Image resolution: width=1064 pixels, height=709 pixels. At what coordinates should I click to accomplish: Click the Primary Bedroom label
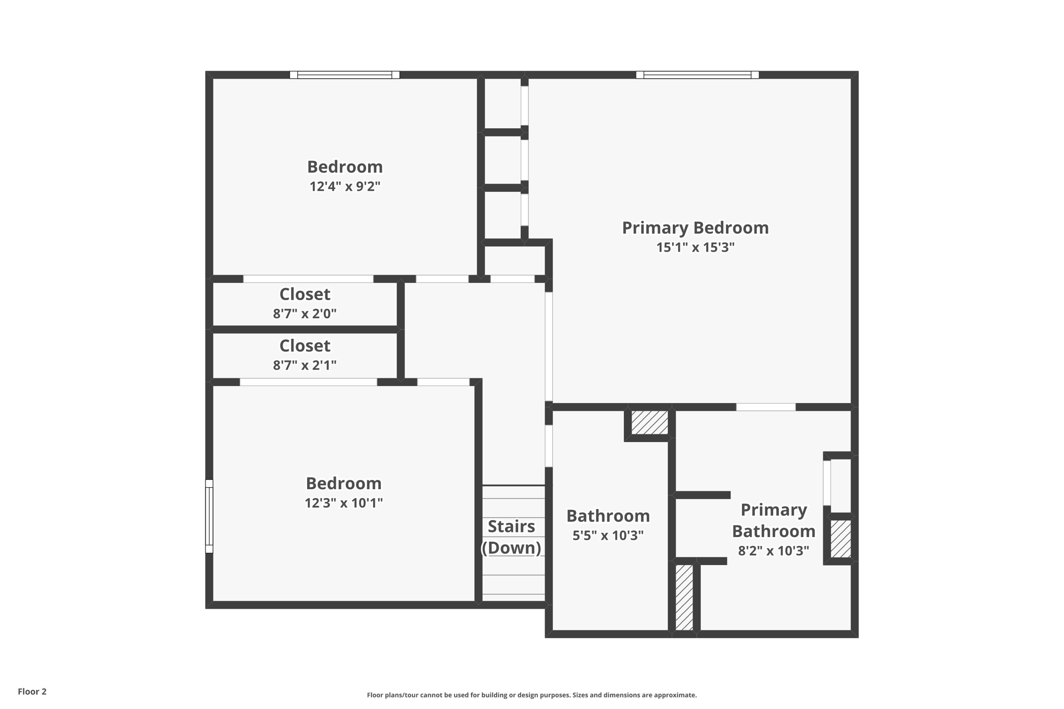[695, 228]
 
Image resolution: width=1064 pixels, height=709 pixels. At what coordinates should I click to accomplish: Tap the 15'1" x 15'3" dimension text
[695, 248]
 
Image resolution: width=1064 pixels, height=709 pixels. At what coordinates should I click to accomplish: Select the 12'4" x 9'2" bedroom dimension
[345, 187]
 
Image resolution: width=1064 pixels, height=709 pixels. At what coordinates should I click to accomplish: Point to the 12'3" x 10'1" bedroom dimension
[343, 503]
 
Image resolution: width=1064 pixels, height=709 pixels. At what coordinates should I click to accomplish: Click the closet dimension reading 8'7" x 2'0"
[304, 314]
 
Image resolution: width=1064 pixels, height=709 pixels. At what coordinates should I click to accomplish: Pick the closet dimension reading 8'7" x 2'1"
[304, 365]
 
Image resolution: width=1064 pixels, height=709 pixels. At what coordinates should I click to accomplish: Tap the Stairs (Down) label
[512, 537]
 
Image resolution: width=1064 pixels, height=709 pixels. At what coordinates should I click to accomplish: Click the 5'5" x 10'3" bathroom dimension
[608, 536]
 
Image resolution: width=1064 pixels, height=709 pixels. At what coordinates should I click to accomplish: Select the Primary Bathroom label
[774, 520]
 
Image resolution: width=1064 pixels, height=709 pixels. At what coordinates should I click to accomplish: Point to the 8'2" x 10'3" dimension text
[774, 551]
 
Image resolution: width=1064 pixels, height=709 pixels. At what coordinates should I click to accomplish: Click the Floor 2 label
[32, 691]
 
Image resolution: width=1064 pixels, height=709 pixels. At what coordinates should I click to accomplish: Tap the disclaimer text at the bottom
[531, 695]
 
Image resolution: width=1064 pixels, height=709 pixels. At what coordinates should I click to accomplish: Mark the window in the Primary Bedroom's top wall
[697, 75]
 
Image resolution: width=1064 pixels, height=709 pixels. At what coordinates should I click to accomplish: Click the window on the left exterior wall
[209, 516]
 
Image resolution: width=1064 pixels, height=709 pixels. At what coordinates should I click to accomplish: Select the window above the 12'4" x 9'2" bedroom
[344, 75]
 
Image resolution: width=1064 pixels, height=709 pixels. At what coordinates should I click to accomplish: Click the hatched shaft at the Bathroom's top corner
[649, 422]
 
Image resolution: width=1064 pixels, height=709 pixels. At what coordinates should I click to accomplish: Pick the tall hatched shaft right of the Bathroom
[684, 597]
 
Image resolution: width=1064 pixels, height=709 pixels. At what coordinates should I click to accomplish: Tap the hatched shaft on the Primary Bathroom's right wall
[841, 539]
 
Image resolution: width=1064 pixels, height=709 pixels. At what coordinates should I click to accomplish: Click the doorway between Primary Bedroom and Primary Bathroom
[766, 407]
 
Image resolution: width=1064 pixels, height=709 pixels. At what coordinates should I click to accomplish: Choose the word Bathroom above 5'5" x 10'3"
[608, 516]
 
